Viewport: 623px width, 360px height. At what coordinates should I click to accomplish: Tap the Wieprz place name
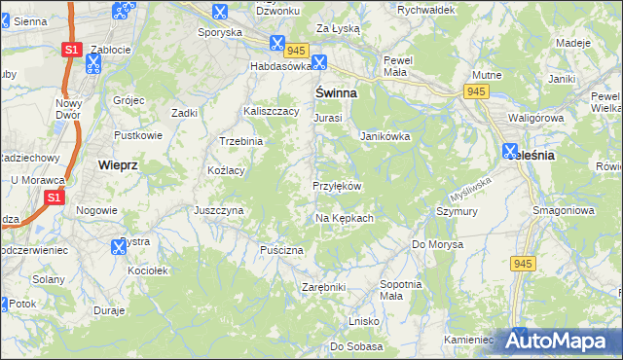click(x=118, y=165)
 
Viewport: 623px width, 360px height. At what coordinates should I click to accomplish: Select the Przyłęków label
click(x=337, y=186)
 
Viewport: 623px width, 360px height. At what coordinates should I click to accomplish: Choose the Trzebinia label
click(x=241, y=141)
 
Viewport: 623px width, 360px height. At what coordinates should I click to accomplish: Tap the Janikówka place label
click(x=385, y=137)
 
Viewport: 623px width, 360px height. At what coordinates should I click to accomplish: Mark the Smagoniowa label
click(x=564, y=210)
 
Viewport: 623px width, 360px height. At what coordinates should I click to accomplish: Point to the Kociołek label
click(x=148, y=270)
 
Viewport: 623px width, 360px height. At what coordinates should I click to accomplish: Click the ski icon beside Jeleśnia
click(x=510, y=152)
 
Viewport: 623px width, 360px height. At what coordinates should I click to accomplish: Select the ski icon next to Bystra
click(x=118, y=246)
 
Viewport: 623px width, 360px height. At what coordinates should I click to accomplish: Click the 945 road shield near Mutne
click(x=476, y=91)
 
